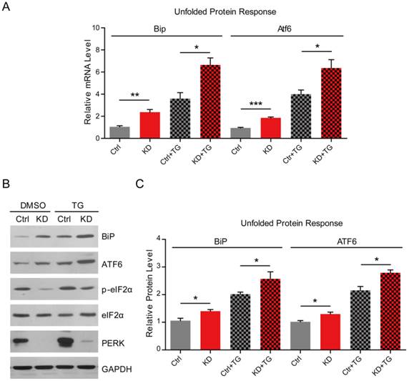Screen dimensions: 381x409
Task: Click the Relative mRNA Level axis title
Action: point(89,83)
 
